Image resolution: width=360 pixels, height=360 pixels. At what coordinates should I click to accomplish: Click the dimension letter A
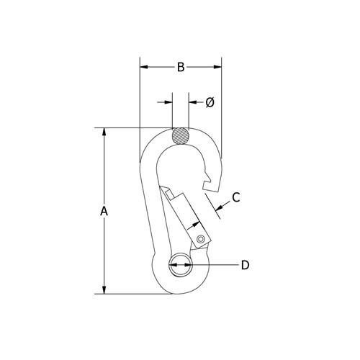pyautogui.click(x=104, y=212)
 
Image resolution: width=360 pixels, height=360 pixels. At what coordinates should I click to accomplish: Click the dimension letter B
pyautogui.click(x=181, y=68)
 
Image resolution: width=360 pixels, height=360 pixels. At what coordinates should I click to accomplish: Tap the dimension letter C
pyautogui.click(x=235, y=197)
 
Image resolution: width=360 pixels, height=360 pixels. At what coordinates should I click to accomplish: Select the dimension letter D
pyautogui.click(x=245, y=265)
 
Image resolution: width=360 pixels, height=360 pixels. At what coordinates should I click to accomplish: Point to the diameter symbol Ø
pyautogui.click(x=210, y=103)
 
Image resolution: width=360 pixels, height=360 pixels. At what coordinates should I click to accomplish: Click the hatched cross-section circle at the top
pyautogui.click(x=181, y=135)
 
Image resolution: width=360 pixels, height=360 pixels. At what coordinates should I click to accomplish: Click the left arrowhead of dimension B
pyautogui.click(x=143, y=68)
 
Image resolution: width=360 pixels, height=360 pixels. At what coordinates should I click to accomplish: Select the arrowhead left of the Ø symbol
pyautogui.click(x=168, y=103)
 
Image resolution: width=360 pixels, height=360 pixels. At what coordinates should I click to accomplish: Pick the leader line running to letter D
pyautogui.click(x=216, y=265)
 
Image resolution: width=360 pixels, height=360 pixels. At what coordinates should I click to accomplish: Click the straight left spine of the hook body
pyautogui.click(x=149, y=209)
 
